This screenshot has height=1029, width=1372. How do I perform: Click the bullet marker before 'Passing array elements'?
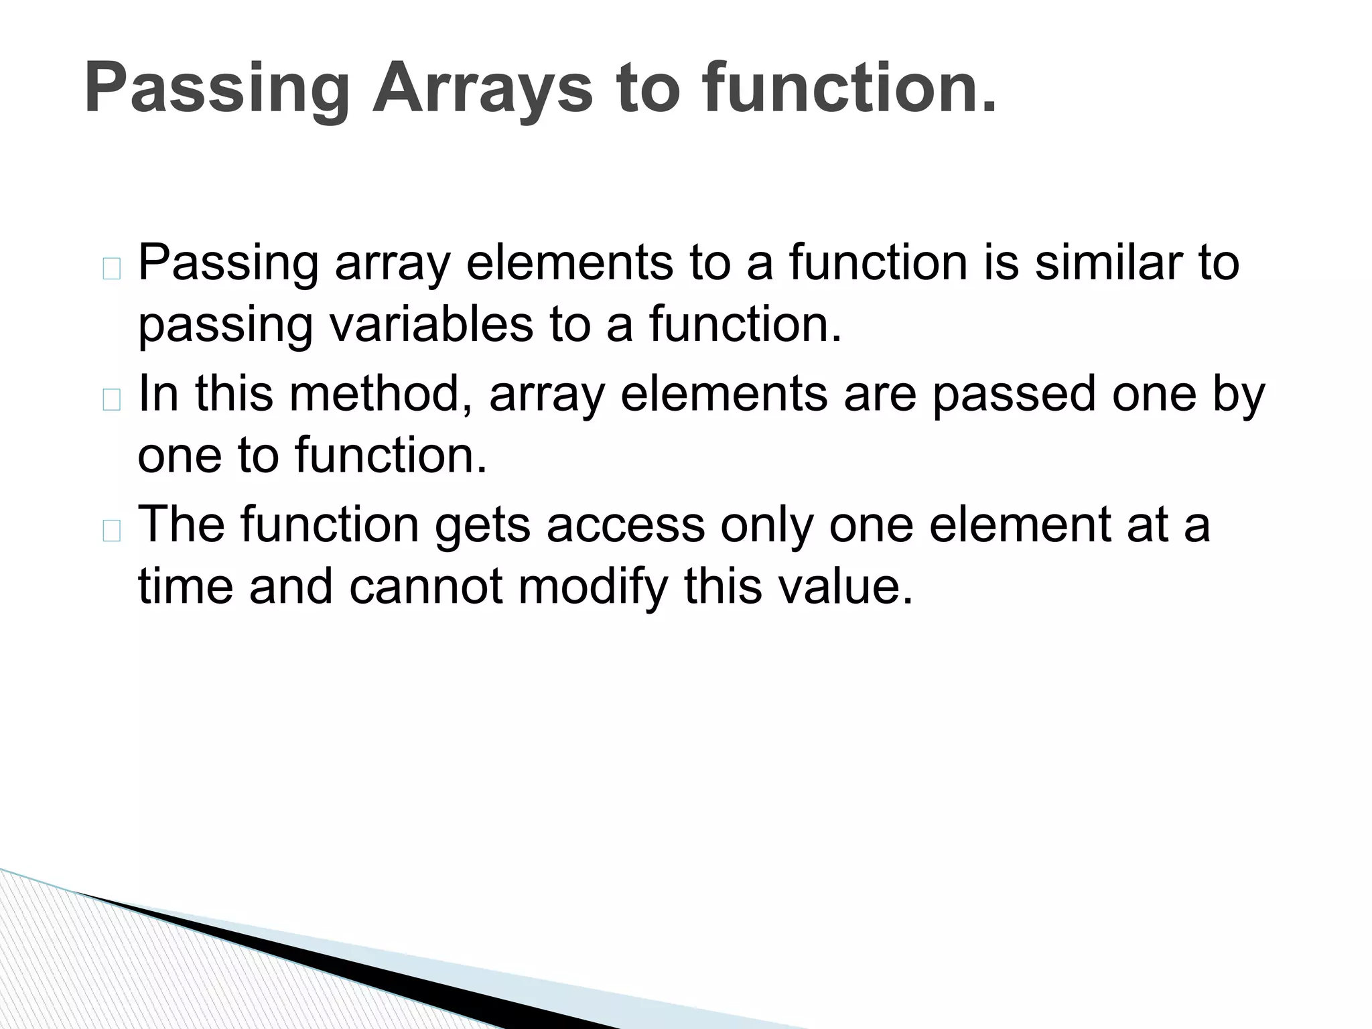coord(112,269)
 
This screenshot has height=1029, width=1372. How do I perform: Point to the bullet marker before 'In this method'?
coord(112,400)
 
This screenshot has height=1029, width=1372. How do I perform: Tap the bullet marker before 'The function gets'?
coord(112,531)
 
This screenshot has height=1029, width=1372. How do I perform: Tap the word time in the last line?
coord(185,586)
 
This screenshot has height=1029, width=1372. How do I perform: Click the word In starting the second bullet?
coord(158,393)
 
